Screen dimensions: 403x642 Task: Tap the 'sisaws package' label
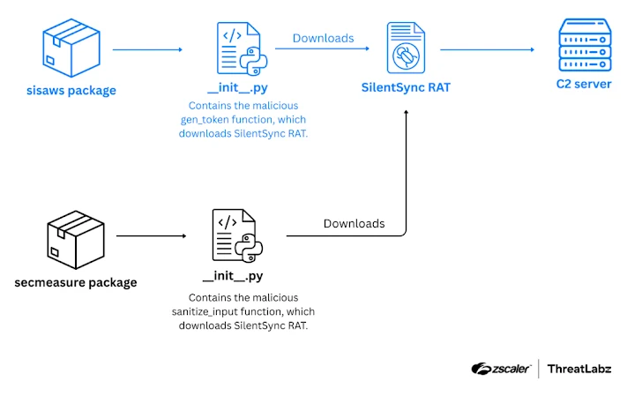tap(70, 90)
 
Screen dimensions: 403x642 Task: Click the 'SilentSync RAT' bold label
tap(405, 88)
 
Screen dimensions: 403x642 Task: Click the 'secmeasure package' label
tap(76, 282)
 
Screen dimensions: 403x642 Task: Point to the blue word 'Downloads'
tap(323, 38)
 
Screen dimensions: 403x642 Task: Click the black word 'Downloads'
tap(354, 223)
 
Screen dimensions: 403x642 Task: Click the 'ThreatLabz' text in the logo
tap(579, 369)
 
